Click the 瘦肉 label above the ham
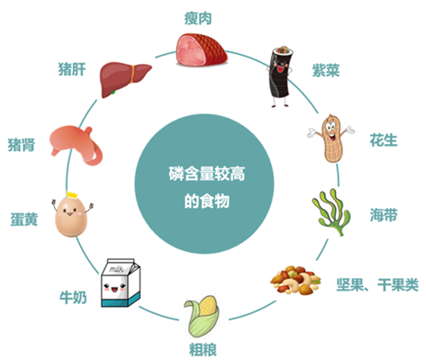coord(198,19)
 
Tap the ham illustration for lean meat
coord(202,49)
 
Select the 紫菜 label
coord(326,70)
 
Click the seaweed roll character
coord(280,76)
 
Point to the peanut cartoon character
coord(331,139)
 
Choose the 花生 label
coord(384,140)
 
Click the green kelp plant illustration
coord(331,212)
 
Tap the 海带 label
coord(384,215)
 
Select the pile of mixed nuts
coord(295,280)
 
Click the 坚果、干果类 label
coord(377,284)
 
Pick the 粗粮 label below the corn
coord(203,349)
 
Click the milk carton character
coord(121,283)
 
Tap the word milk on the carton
coord(116,269)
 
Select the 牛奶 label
coord(73,297)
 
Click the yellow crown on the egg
coord(72,194)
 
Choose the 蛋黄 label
coord(24,220)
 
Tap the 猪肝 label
coord(72,69)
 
